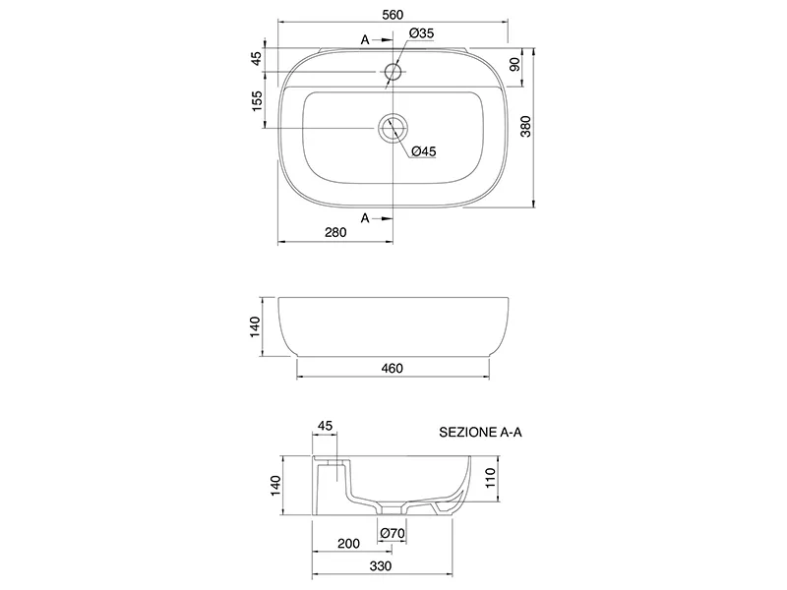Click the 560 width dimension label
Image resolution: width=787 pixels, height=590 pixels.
click(393, 15)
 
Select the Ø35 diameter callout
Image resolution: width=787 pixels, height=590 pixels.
click(421, 33)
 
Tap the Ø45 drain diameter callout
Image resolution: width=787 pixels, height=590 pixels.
click(424, 151)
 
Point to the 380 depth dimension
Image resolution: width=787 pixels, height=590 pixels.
click(525, 127)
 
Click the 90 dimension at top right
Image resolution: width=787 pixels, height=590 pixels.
click(515, 64)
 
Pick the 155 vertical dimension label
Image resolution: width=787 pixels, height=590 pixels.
click(257, 101)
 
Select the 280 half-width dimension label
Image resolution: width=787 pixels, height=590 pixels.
click(335, 232)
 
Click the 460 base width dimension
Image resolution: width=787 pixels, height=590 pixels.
click(392, 368)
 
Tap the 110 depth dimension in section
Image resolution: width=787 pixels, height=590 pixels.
click(490, 478)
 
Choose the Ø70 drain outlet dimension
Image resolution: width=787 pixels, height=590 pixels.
click(393, 533)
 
